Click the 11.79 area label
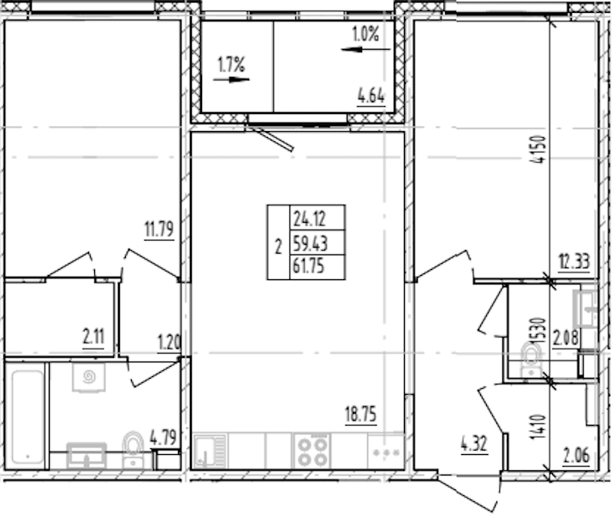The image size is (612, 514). click(x=159, y=230)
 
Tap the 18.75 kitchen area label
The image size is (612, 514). click(x=361, y=414)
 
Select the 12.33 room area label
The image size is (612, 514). click(x=573, y=261)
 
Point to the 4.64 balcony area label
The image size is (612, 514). click(x=371, y=96)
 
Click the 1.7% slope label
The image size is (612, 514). click(x=231, y=65)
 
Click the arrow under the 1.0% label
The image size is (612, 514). click(x=365, y=49)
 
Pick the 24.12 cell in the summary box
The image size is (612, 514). click(x=310, y=218)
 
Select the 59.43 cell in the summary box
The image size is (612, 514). click(x=311, y=244)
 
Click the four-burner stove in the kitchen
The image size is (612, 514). click(x=312, y=451)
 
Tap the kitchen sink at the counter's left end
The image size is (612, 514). click(x=211, y=451)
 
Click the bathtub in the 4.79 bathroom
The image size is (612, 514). click(x=27, y=416)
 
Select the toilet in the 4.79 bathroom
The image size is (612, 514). click(x=133, y=450)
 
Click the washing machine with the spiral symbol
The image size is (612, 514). click(x=89, y=377)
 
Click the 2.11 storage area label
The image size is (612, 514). click(x=93, y=337)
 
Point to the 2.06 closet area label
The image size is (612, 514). click(x=576, y=456)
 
